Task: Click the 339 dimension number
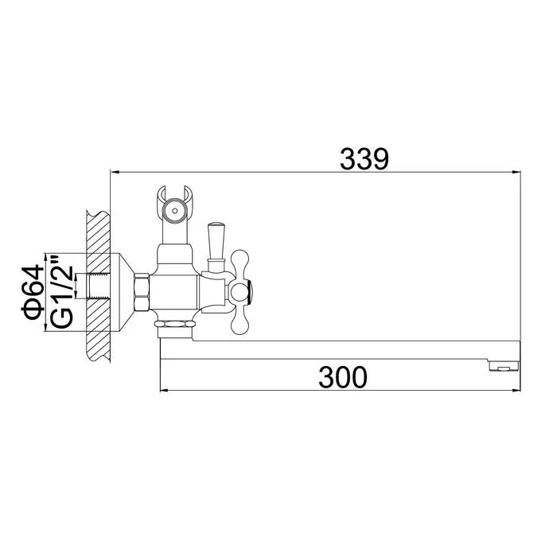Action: click(x=364, y=159)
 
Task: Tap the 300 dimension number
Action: click(x=343, y=377)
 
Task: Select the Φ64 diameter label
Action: click(x=33, y=292)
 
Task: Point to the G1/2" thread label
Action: click(x=61, y=290)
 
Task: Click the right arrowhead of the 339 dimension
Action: click(x=516, y=173)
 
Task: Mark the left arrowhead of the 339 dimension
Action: click(x=115, y=173)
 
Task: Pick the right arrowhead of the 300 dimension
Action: click(x=516, y=391)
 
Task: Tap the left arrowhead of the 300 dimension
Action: click(x=165, y=391)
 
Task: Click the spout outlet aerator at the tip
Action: click(x=504, y=366)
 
